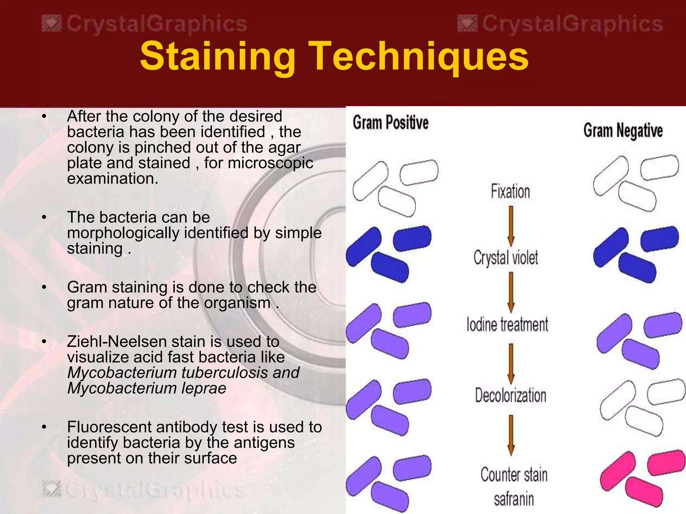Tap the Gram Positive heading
(391, 122)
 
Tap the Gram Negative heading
(623, 131)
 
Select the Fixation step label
(510, 191)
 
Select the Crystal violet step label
(506, 258)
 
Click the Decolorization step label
(510, 396)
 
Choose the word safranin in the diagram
(514, 499)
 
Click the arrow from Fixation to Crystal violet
(511, 226)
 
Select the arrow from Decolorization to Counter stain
(511, 435)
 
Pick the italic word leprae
(204, 389)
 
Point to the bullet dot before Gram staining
(44, 287)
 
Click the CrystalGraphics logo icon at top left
(52, 24)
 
